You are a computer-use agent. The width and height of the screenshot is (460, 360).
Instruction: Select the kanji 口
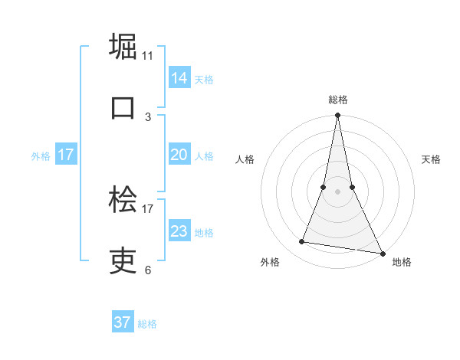123,107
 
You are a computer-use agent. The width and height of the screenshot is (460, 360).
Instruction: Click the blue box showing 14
179,77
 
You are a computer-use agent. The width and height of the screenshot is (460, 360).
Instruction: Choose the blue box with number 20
179,155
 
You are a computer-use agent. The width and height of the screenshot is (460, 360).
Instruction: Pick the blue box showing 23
179,231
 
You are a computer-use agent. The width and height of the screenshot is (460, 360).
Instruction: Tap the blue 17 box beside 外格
66,155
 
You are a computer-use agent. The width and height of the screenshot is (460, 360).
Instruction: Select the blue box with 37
123,322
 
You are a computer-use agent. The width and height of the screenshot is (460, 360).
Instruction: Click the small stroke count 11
148,55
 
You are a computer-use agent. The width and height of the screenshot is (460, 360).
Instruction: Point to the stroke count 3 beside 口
148,116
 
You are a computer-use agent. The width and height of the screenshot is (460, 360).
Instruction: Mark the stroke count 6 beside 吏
148,270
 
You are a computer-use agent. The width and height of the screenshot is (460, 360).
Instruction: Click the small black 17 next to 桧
148,208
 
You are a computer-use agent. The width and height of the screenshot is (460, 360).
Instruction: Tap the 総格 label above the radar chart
338,100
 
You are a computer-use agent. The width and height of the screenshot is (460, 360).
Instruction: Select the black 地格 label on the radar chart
402,263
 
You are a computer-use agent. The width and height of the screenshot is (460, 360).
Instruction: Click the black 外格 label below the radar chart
270,263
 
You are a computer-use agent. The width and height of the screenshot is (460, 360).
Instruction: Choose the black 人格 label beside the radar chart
245,160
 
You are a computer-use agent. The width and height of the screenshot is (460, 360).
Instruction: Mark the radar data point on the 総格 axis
337,116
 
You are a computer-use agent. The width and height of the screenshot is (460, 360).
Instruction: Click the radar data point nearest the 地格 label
382,253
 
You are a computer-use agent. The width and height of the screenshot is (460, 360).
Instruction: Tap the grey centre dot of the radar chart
337,191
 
